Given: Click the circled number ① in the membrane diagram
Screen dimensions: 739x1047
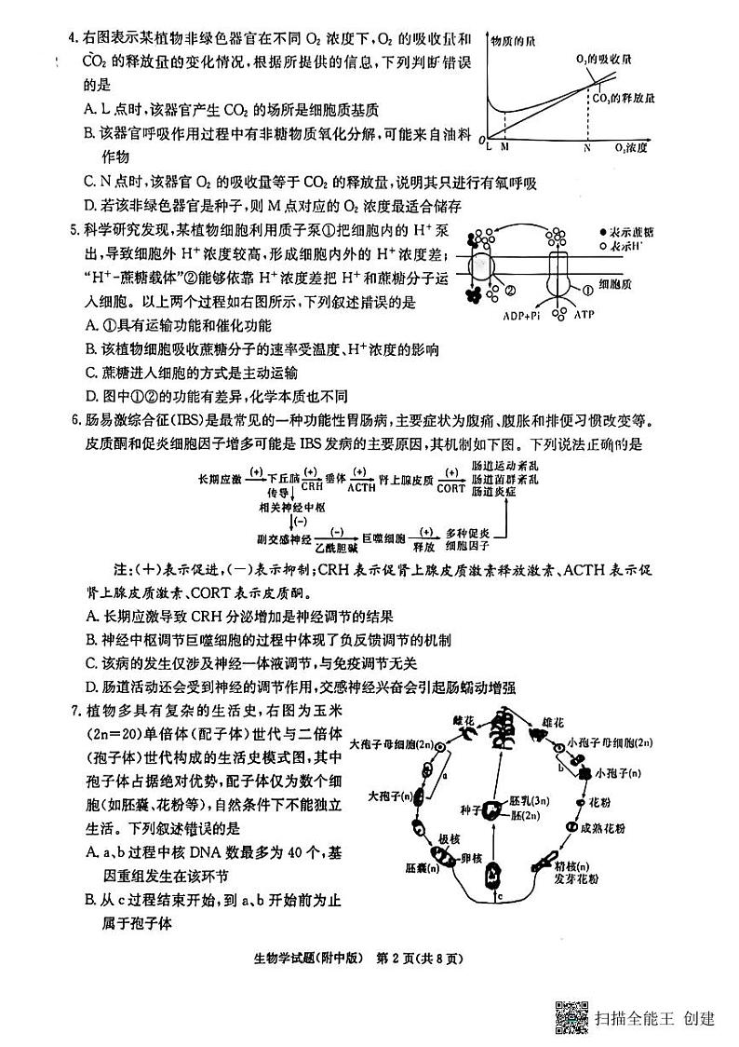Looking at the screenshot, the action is [585, 289].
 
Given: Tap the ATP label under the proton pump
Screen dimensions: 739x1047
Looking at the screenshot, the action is [584, 316].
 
